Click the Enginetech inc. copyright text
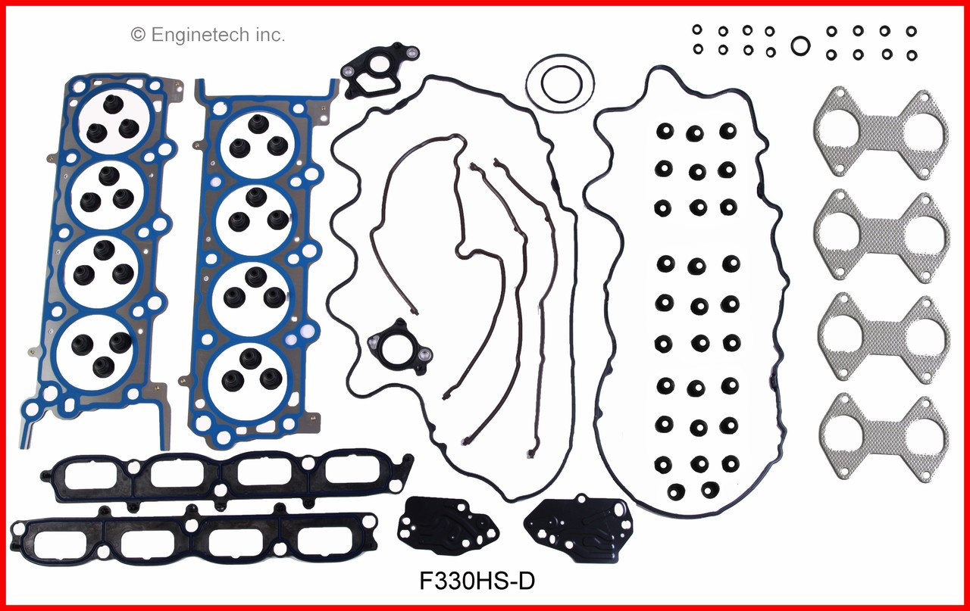click(x=208, y=34)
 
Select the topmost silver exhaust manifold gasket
click(x=881, y=134)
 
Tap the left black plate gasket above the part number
click(x=449, y=525)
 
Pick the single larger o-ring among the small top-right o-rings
click(x=799, y=46)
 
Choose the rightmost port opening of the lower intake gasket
click(x=324, y=540)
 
